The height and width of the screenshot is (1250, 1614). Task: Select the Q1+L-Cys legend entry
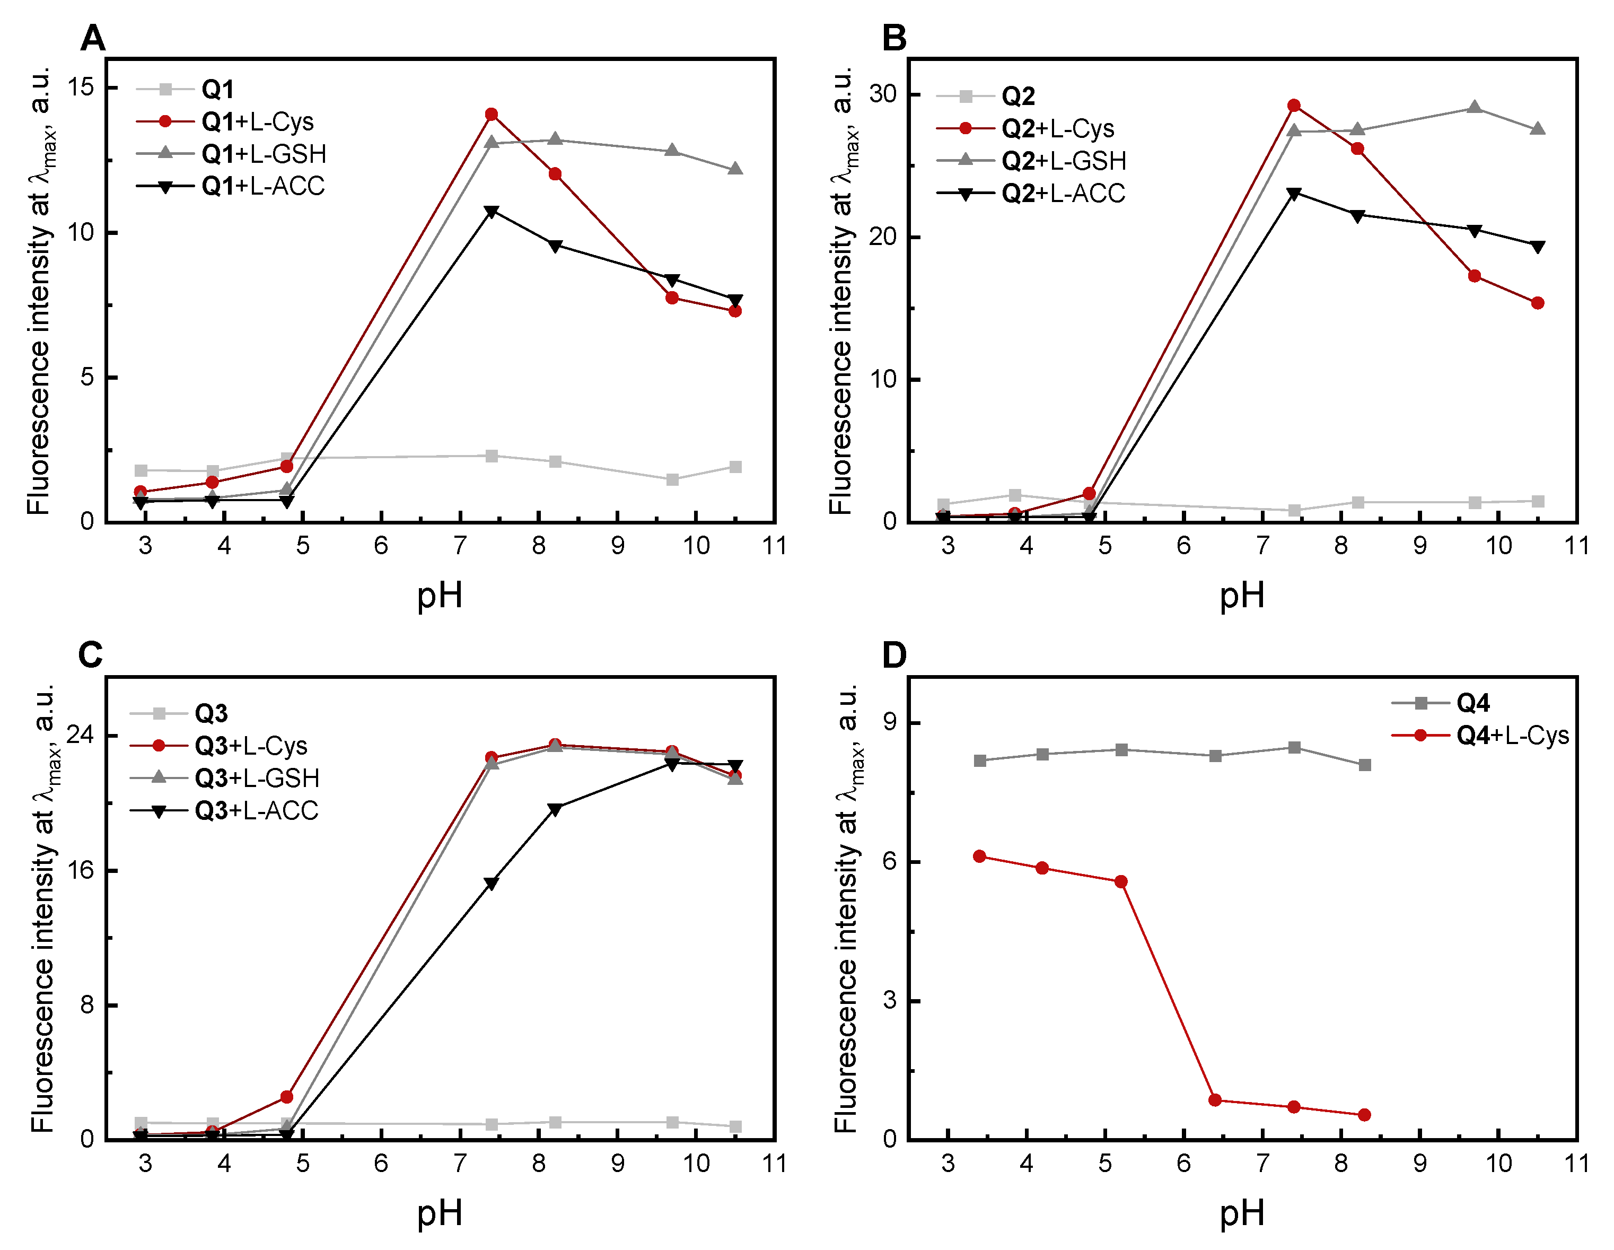click(257, 122)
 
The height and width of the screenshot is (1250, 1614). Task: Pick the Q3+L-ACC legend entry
click(256, 811)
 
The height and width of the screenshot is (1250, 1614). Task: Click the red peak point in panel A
click(492, 115)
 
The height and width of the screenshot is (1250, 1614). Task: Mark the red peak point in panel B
click(1294, 106)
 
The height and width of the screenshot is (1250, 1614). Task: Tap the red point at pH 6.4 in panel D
click(1215, 1100)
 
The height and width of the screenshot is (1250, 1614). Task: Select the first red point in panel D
click(980, 856)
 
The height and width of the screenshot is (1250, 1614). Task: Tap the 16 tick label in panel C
click(81, 870)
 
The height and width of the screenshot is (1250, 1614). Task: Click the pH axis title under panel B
click(1242, 596)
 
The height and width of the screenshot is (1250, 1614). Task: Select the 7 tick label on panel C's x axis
click(460, 1164)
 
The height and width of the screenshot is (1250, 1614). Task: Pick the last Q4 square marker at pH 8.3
click(1365, 765)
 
